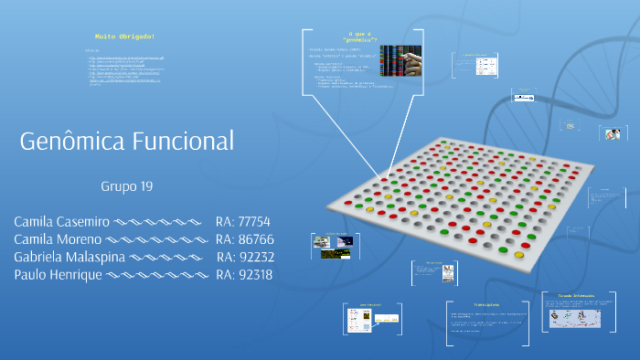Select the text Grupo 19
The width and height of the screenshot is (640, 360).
point(126,186)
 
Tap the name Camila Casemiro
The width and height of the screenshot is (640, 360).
point(62,222)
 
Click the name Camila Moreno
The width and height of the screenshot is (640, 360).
point(57,239)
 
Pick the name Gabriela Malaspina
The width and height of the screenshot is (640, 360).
point(69,257)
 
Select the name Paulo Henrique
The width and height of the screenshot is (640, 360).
point(59,274)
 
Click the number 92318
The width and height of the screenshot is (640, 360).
point(255,274)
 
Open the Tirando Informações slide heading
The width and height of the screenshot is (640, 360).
point(578,296)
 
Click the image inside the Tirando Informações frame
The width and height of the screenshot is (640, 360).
point(574,317)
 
